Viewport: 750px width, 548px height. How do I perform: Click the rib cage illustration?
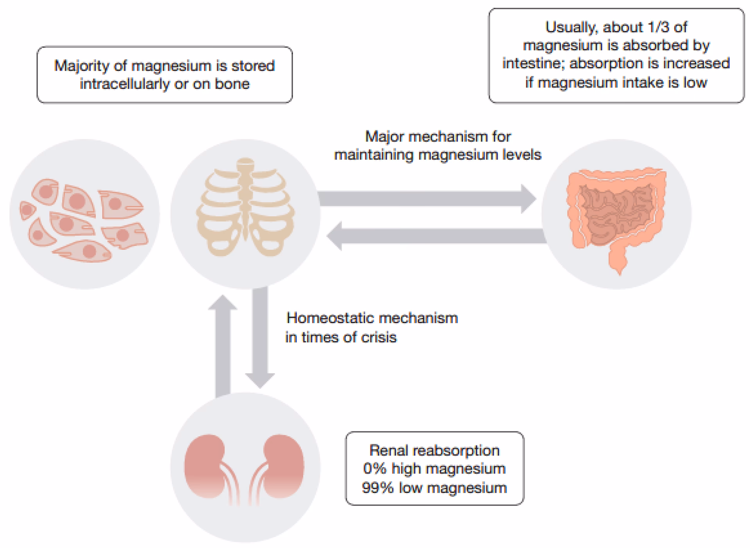(245, 207)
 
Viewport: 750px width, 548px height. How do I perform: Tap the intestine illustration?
(616, 215)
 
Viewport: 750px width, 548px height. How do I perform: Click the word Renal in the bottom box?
(389, 450)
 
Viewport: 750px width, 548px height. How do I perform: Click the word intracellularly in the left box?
(125, 84)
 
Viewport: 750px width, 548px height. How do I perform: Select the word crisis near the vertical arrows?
(379, 337)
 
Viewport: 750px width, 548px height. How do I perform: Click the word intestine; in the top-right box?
(533, 64)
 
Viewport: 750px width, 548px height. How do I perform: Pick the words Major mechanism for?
(438, 137)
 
